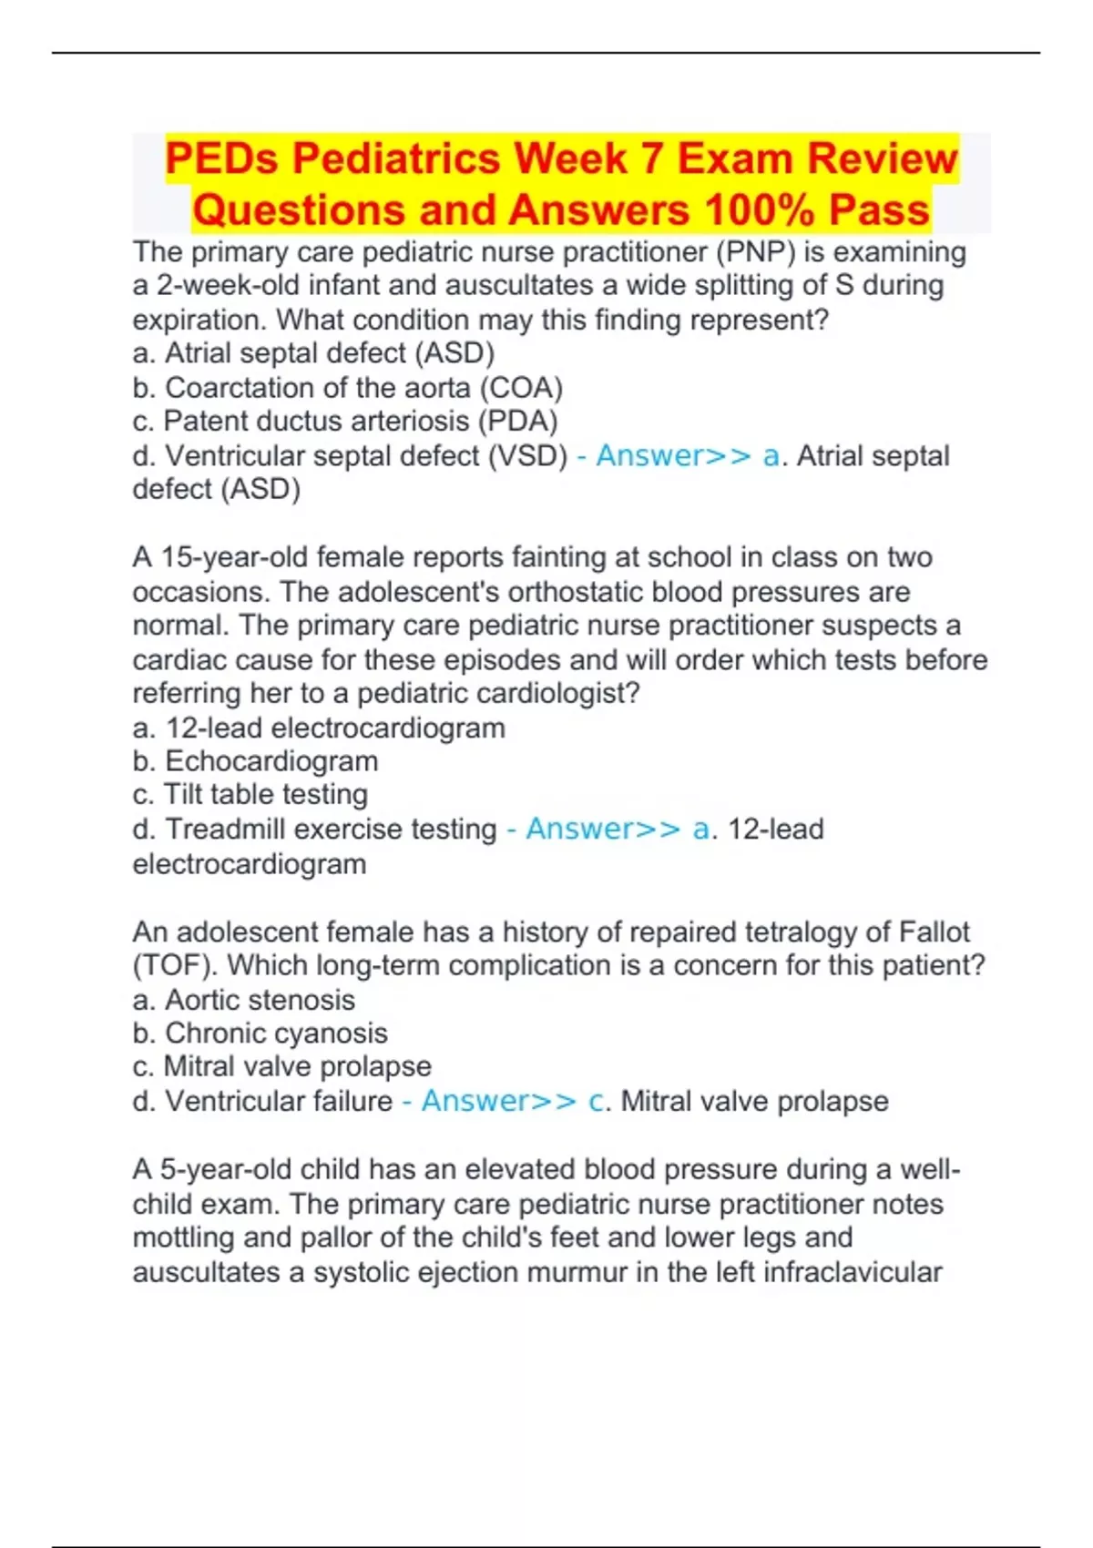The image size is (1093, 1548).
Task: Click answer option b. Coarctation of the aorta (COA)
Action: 347,388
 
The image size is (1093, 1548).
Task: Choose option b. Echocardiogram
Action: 255,761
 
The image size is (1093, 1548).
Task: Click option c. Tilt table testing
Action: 250,795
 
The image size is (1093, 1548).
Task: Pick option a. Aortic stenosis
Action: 243,1000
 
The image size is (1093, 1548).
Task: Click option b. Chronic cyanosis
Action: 260,1034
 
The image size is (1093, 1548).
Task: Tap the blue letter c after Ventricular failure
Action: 597,1101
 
